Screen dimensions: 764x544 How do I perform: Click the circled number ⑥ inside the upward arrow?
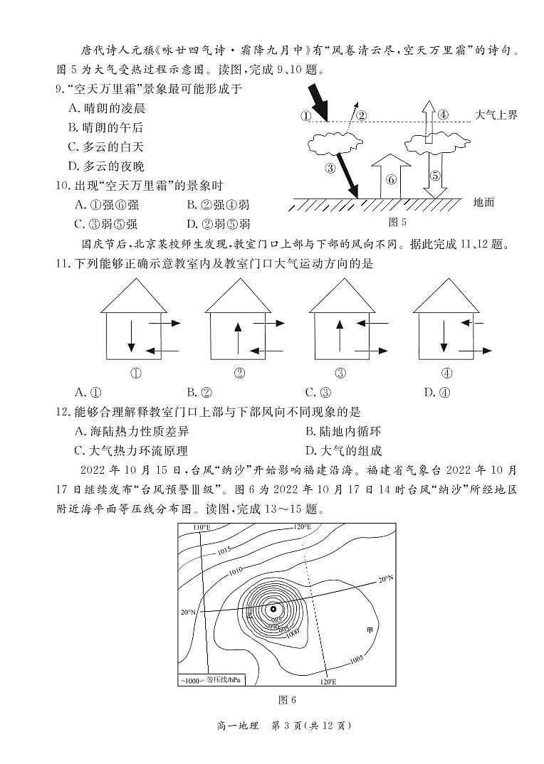[x=391, y=179]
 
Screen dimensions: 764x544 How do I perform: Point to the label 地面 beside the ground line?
[x=483, y=203]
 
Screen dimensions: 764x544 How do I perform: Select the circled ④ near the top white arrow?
[x=443, y=115]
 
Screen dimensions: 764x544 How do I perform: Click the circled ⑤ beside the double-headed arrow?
[x=435, y=176]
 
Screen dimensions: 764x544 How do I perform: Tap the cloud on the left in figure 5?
[x=334, y=142]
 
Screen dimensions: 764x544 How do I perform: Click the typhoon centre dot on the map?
[x=273, y=609]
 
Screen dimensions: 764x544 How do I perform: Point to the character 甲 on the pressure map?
[x=369, y=630]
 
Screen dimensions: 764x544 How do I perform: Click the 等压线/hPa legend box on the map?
[x=211, y=680]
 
